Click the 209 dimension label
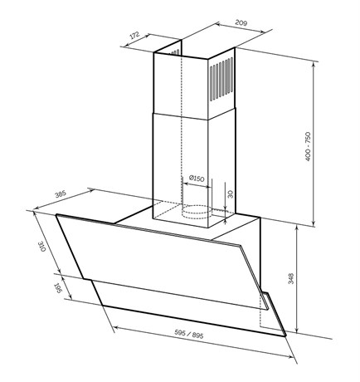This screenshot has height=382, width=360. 241,22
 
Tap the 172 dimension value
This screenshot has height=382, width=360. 134,36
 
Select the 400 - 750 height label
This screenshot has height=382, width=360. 308,147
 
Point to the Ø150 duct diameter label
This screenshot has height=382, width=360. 197,178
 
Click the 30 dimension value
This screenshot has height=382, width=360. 231,194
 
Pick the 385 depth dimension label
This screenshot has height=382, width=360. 61,193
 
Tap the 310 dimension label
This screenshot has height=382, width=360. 41,247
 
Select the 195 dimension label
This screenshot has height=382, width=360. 58,288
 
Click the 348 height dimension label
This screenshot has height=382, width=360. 290,278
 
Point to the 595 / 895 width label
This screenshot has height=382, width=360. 189,334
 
